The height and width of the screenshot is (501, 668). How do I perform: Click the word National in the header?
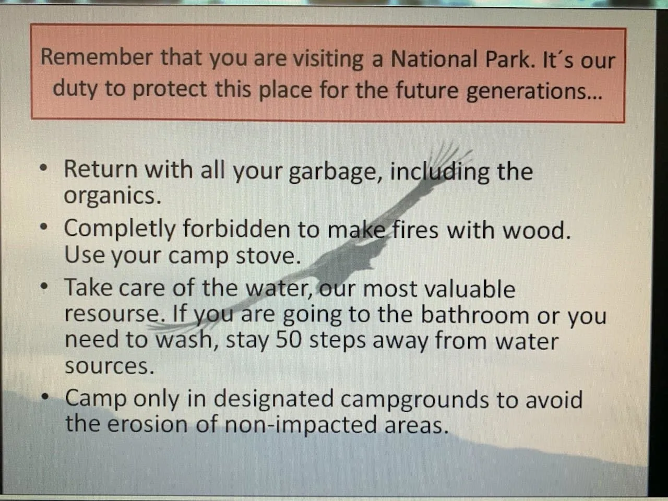pos(434,58)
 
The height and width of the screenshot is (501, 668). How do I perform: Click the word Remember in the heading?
pos(97,57)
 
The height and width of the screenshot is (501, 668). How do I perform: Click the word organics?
pos(112,197)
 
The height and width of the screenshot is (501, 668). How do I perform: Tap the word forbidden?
pos(236,229)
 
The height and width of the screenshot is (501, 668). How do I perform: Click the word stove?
pos(268,256)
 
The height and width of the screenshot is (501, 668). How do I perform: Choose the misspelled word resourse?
pos(116,315)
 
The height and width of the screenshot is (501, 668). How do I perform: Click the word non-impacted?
pos(301,425)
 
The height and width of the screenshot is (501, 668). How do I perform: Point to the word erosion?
pos(148,424)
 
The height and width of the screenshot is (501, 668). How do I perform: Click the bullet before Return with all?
pos(44,168)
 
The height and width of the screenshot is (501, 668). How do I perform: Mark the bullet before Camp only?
pos(45,397)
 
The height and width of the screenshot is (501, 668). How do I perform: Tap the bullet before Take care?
pos(44,286)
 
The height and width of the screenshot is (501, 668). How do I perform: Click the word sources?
pos(110,366)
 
